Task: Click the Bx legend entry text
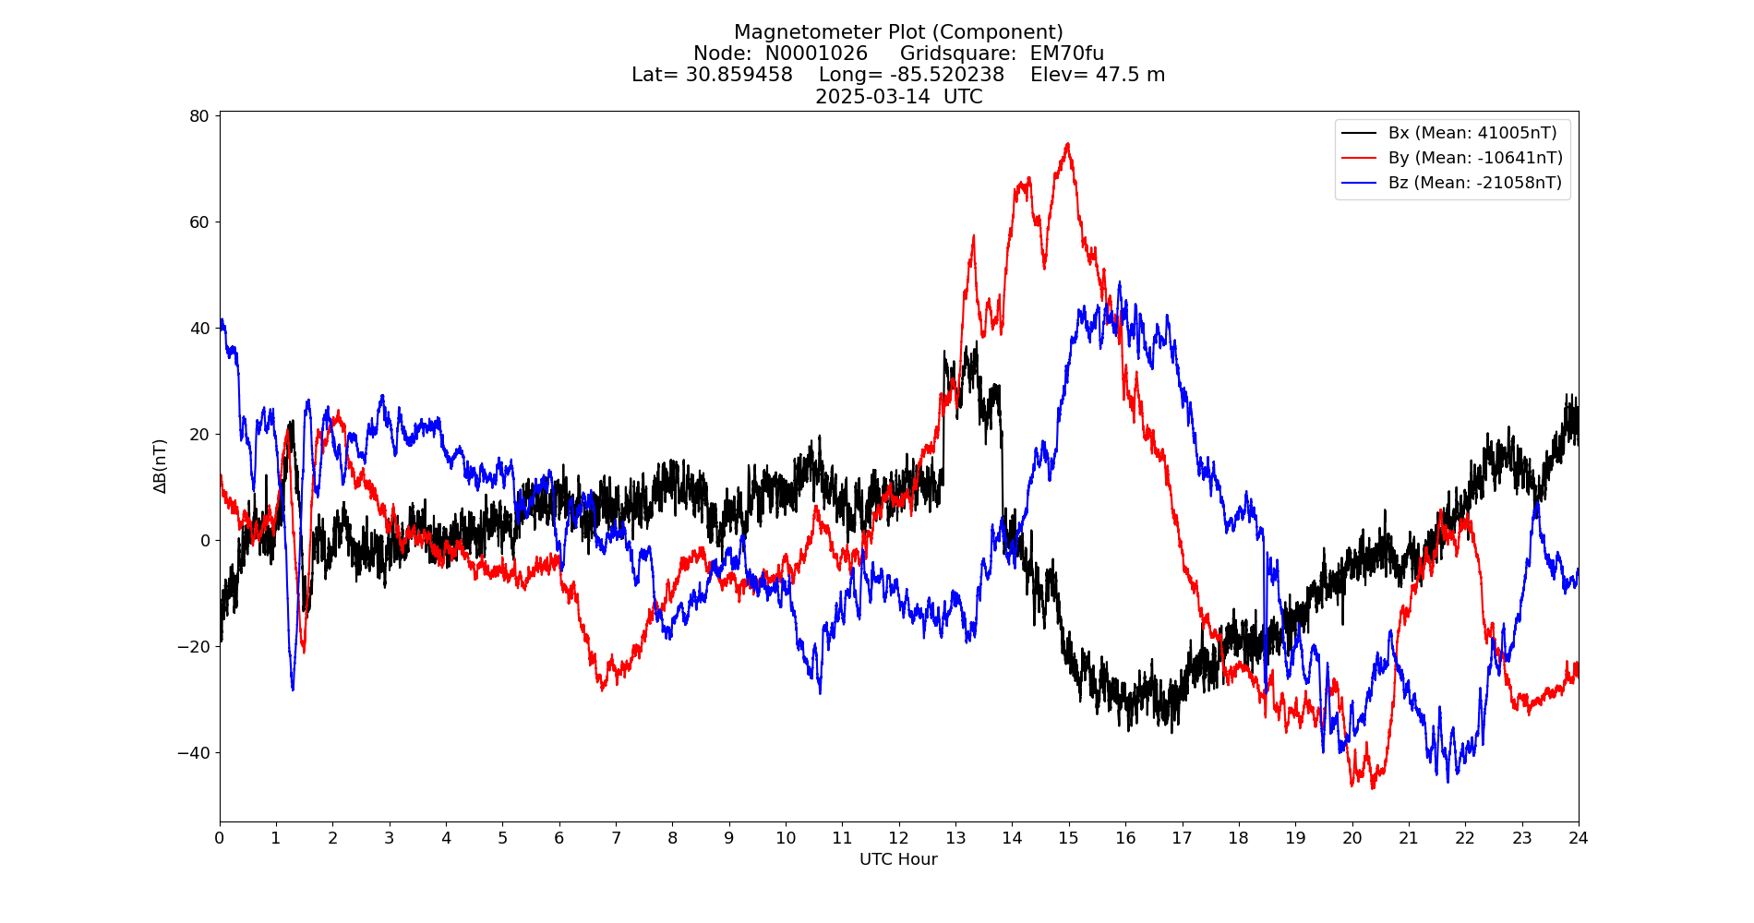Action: click(x=1472, y=133)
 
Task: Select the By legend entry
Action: click(x=1475, y=158)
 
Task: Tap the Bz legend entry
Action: click(x=1475, y=183)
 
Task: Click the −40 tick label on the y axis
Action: click(x=194, y=753)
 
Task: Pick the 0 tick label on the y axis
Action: click(x=205, y=541)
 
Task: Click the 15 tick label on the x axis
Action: click(x=1068, y=838)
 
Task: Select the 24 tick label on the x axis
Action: click(x=1579, y=838)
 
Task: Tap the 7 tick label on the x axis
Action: click(x=616, y=838)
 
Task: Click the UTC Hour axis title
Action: click(x=898, y=859)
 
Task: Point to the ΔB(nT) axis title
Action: click(x=161, y=466)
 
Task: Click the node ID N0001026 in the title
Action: click(x=816, y=54)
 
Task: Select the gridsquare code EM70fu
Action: click(x=1066, y=54)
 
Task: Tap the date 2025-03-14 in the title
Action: click(x=872, y=97)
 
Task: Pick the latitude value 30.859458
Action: click(x=739, y=75)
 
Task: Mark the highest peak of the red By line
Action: click(x=1067, y=144)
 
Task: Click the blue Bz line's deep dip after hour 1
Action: click(x=293, y=689)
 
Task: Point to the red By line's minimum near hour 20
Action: click(x=1373, y=787)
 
